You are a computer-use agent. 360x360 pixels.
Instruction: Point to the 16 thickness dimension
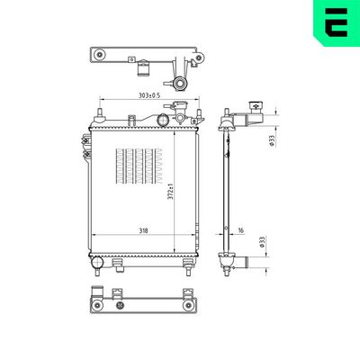[241, 231]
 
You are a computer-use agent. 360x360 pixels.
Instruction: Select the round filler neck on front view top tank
[163, 119]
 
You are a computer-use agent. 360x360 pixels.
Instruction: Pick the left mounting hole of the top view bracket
[98, 57]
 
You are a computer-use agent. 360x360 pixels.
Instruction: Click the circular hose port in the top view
[180, 84]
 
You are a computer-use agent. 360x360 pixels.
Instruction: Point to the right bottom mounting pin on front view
[187, 266]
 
